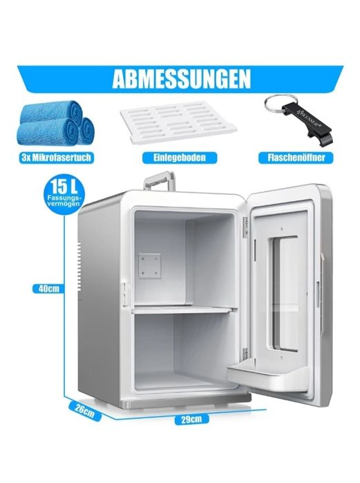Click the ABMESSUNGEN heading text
click(181, 79)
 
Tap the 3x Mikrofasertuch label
click(57, 158)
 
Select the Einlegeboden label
click(180, 158)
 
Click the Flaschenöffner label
click(296, 158)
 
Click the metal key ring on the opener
click(281, 102)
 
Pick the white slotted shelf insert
click(178, 122)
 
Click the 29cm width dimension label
click(191, 419)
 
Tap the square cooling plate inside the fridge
click(149, 266)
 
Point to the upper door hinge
click(245, 227)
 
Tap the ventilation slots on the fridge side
click(79, 267)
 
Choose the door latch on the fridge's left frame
click(125, 294)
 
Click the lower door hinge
click(245, 354)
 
